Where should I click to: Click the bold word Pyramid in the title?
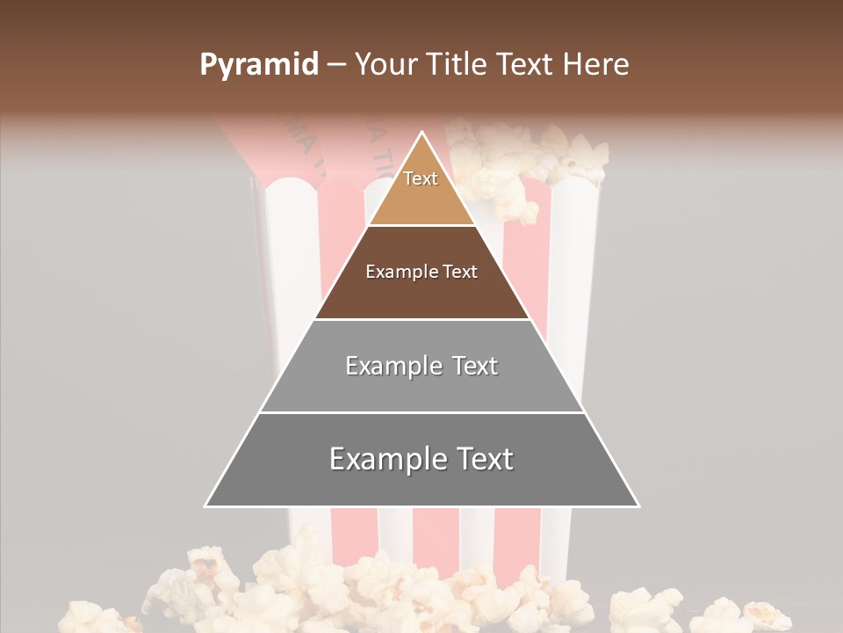(x=259, y=65)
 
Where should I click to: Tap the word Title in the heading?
(x=456, y=65)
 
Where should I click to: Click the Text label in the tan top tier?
(x=421, y=178)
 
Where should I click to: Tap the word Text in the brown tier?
(x=460, y=272)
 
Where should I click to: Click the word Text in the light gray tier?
(x=475, y=366)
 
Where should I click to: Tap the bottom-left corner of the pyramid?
(x=205, y=506)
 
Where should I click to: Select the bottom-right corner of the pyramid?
(x=638, y=506)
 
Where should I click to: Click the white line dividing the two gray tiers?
(x=421, y=412)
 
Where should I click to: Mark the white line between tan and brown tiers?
(x=421, y=226)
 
